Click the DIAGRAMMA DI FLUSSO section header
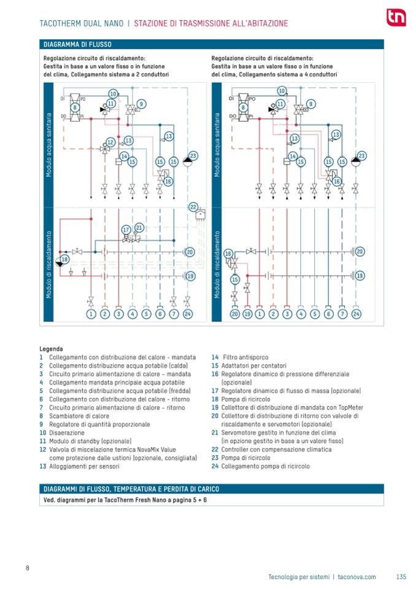(77, 45)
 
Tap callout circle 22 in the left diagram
(193, 206)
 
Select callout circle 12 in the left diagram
(110, 142)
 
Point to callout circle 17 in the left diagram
(125, 230)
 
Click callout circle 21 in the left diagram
(139, 228)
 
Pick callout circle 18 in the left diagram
(64, 260)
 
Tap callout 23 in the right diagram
(361, 156)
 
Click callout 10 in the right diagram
(282, 92)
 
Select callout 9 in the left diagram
(142, 104)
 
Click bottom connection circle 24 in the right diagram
(356, 314)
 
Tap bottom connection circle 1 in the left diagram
(91, 314)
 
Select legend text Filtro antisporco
(245, 357)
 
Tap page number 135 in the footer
(401, 577)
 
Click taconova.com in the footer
(356, 577)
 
